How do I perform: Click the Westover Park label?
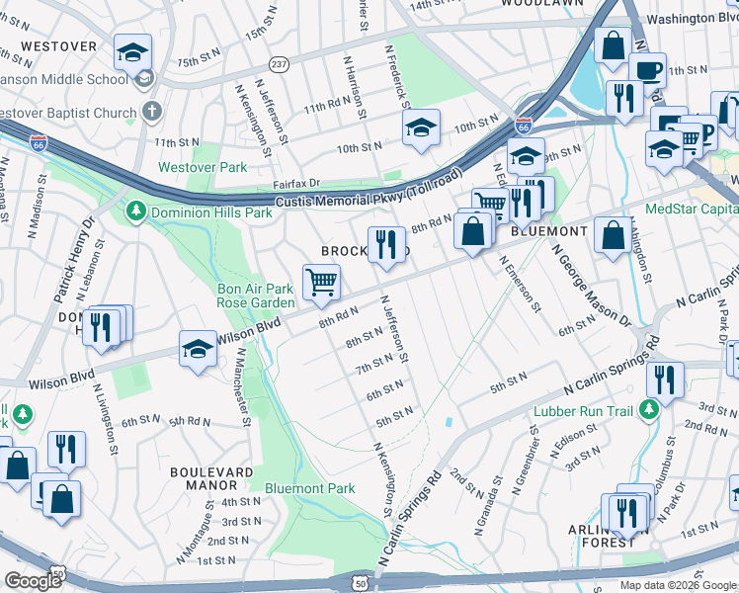pos(203,168)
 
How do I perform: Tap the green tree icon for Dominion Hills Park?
pos(135,212)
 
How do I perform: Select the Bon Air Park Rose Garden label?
pos(256,296)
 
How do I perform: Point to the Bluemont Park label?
pos(309,488)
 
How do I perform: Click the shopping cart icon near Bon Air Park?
pos(322,283)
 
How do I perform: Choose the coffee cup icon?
pos(648,70)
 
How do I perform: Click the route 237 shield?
pos(280,64)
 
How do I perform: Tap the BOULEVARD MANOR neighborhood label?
pos(204,478)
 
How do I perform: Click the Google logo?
pos(33,581)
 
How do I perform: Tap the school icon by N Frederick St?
pos(421,127)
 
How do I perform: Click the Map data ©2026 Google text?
pos(677,585)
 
